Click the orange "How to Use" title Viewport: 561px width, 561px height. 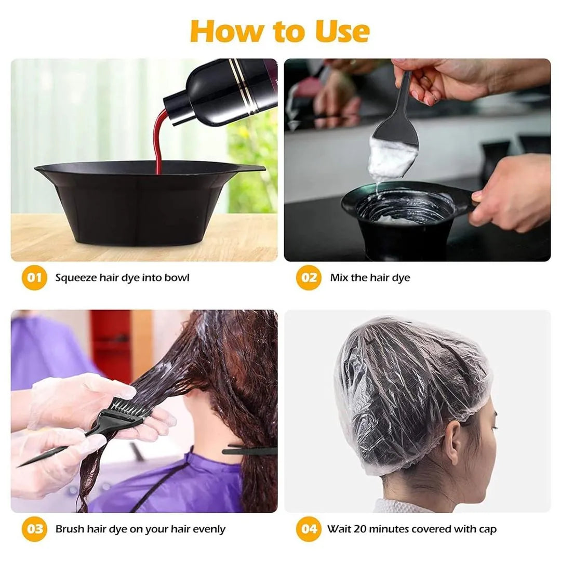(280, 31)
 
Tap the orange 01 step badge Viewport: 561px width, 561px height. (34, 277)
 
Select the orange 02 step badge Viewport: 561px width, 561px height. (309, 277)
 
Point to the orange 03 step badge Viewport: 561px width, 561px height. (34, 529)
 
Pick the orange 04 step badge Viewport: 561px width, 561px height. (309, 529)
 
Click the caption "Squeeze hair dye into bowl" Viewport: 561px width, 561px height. (122, 277)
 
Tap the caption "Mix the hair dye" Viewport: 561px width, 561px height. (370, 277)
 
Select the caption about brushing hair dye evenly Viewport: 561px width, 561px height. (140, 529)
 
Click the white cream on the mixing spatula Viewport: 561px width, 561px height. (391, 158)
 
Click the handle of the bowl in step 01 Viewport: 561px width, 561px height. (249, 168)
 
